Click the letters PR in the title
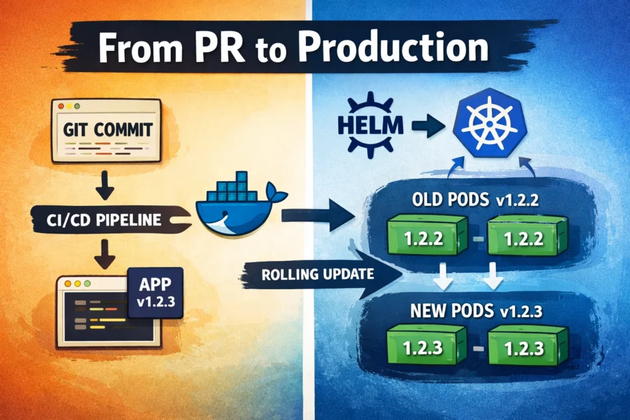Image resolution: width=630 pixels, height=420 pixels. (241, 47)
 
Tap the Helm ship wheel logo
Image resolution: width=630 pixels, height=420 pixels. (368, 123)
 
